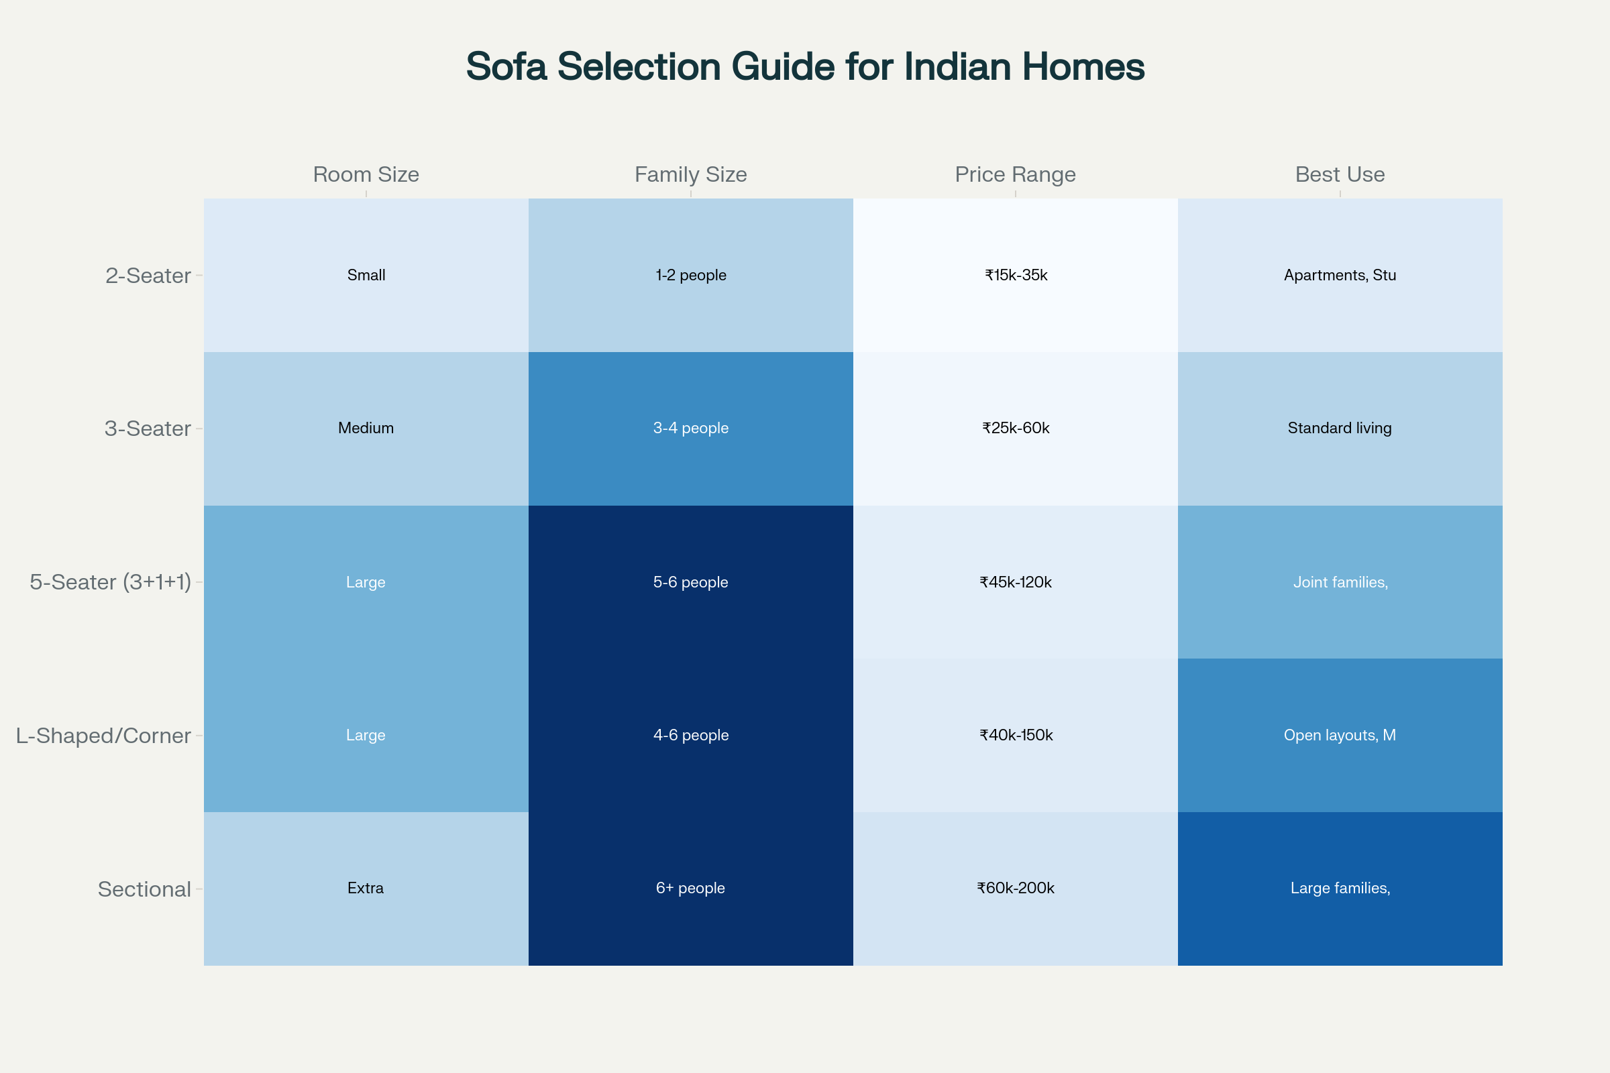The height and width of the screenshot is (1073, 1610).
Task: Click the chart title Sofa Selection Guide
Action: coord(805,67)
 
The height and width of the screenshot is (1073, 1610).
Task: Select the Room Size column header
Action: coord(366,174)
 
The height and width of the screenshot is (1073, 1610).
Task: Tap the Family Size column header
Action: coord(690,174)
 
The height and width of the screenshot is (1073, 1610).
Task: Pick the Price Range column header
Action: coord(1015,174)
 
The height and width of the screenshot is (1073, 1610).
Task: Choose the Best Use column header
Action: coord(1340,174)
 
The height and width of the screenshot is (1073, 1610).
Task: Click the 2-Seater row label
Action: coord(148,276)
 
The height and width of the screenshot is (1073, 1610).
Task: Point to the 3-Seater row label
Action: coord(147,429)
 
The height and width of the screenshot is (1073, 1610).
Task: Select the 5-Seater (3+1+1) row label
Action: coord(110,582)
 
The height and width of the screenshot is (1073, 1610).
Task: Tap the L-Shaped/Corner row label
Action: coord(103,736)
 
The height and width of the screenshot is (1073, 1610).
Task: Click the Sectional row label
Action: coord(144,889)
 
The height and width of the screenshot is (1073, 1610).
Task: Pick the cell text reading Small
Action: coord(366,275)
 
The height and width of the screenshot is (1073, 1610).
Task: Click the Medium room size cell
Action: coord(366,429)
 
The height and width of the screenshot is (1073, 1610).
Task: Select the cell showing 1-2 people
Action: coord(691,275)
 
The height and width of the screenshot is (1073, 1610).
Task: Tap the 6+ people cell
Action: coord(690,888)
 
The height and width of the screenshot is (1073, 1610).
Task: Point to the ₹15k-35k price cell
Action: coord(1016,275)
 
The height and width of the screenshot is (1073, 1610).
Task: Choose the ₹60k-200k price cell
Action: coord(1015,888)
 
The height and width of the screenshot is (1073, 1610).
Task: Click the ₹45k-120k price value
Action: coord(1015,582)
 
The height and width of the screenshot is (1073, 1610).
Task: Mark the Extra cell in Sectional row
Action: coord(366,888)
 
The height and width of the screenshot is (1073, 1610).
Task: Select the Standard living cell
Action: coord(1340,429)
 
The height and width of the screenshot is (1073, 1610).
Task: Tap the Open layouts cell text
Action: coord(1340,735)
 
